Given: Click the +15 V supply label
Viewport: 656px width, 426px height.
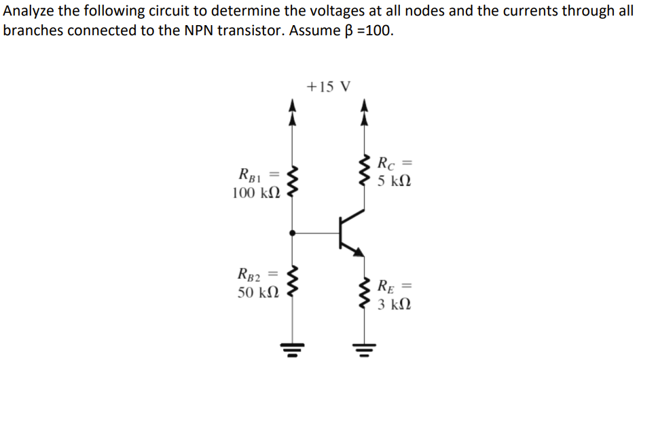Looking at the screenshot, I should tap(328, 87).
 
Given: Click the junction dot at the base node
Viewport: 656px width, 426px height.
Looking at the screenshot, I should tap(293, 233).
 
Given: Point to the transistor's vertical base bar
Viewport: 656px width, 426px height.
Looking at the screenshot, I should tap(340, 233).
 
